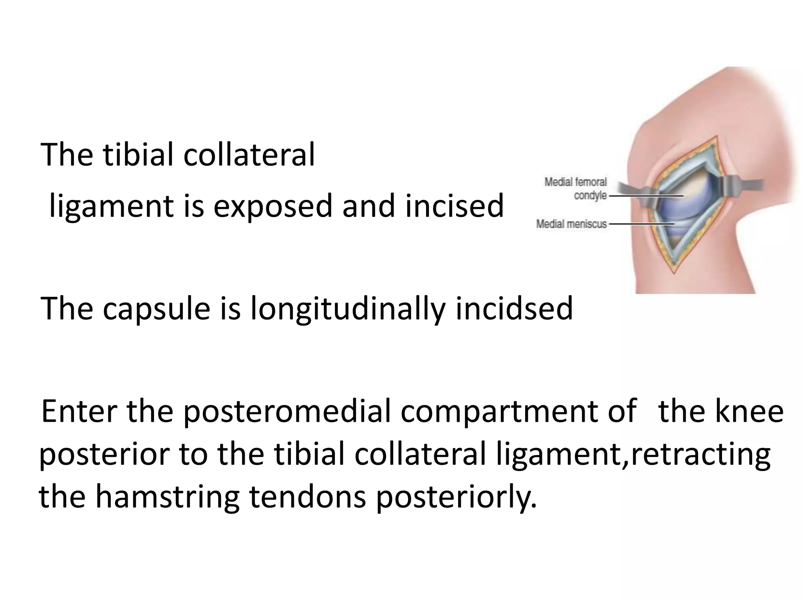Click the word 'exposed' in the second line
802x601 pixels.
(x=273, y=206)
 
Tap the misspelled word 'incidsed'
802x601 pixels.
(x=514, y=308)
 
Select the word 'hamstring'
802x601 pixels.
(x=167, y=497)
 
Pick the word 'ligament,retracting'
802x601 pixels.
(x=633, y=455)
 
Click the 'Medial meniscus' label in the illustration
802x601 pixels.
(x=571, y=224)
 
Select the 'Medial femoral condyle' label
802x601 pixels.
(x=575, y=188)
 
